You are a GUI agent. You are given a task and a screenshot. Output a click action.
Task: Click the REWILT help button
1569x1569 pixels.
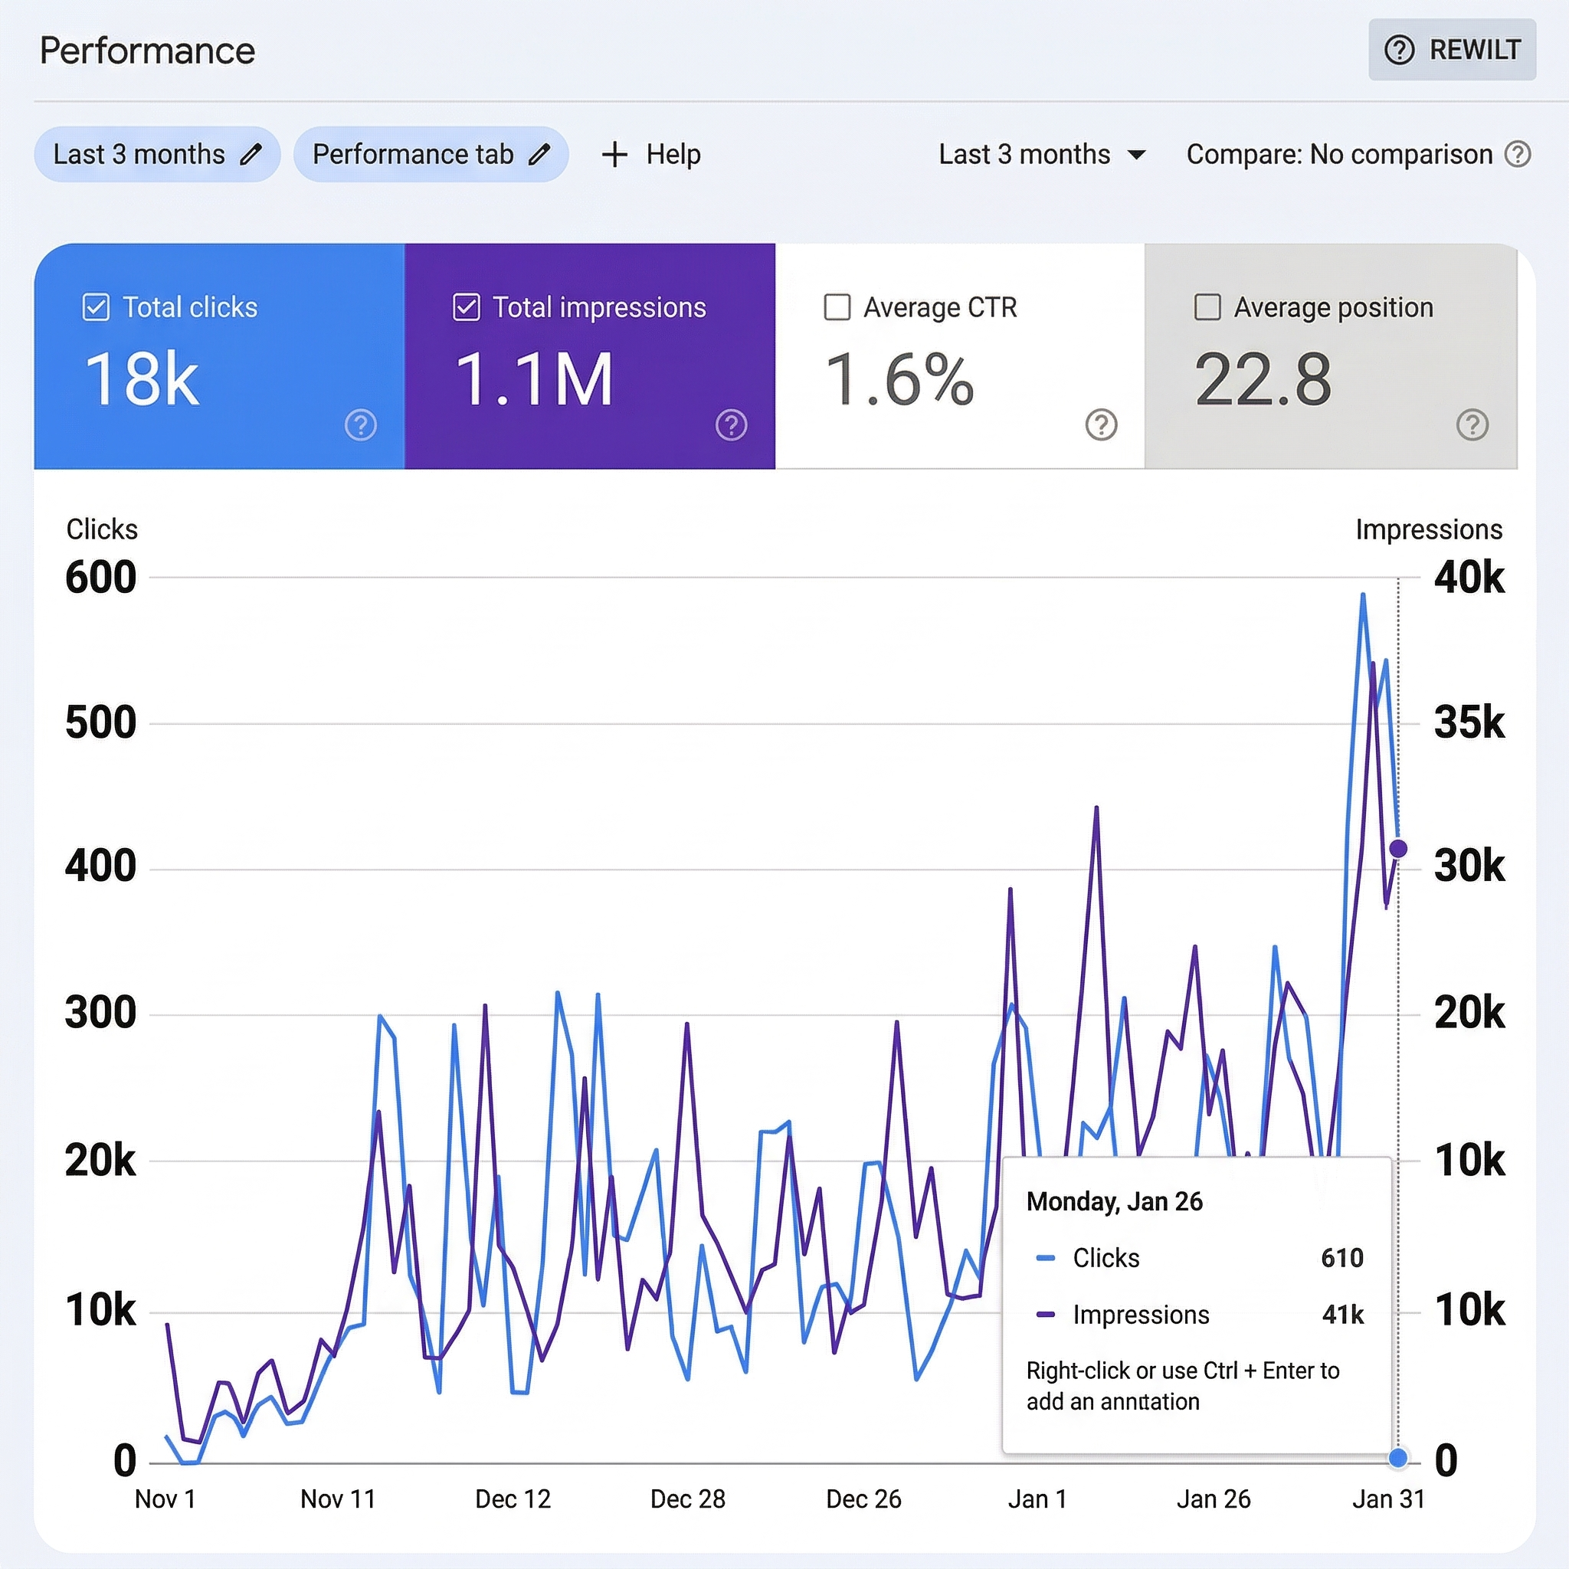pyautogui.click(x=1451, y=50)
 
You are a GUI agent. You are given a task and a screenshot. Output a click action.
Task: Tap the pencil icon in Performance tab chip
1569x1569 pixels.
pyautogui.click(x=539, y=153)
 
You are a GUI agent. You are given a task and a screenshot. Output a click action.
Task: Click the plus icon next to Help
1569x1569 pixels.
pyautogui.click(x=614, y=153)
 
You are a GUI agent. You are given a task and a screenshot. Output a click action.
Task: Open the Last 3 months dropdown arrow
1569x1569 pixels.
pyautogui.click(x=1137, y=154)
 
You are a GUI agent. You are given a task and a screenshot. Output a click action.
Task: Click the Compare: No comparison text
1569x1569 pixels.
pyautogui.click(x=1338, y=153)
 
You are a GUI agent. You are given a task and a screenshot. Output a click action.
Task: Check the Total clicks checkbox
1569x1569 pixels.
pyautogui.click(x=96, y=308)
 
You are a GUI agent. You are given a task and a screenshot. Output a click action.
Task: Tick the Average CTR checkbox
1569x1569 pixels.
pyautogui.click(x=837, y=308)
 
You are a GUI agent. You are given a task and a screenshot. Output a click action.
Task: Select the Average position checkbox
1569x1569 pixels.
pyautogui.click(x=1207, y=308)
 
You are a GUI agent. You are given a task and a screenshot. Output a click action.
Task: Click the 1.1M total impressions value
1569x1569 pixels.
pyautogui.click(x=532, y=379)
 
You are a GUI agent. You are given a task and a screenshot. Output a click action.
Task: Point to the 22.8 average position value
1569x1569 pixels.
pyautogui.click(x=1262, y=379)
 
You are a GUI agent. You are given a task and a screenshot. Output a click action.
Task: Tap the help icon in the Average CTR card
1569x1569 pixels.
pyautogui.click(x=1101, y=424)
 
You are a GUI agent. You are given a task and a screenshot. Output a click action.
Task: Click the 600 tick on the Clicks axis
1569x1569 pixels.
pyautogui.click(x=100, y=578)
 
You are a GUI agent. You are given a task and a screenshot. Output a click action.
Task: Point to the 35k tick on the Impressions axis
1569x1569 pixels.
pyautogui.click(x=1469, y=722)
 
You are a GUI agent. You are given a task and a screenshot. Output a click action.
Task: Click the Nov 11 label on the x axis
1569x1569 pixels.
pyautogui.click(x=338, y=1499)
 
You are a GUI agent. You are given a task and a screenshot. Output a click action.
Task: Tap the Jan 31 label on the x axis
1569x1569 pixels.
pyautogui.click(x=1388, y=1499)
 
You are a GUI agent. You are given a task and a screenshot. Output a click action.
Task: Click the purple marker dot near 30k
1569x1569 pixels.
pyautogui.click(x=1397, y=849)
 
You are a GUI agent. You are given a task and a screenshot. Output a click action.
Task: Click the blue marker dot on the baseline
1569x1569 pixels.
pyautogui.click(x=1397, y=1458)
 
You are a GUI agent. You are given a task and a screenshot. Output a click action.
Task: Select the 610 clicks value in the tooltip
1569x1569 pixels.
pyautogui.click(x=1341, y=1258)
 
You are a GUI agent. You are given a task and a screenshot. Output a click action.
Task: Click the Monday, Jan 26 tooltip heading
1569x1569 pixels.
pyautogui.click(x=1113, y=1201)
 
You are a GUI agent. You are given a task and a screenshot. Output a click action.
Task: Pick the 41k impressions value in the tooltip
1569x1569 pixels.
pyautogui.click(x=1342, y=1314)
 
